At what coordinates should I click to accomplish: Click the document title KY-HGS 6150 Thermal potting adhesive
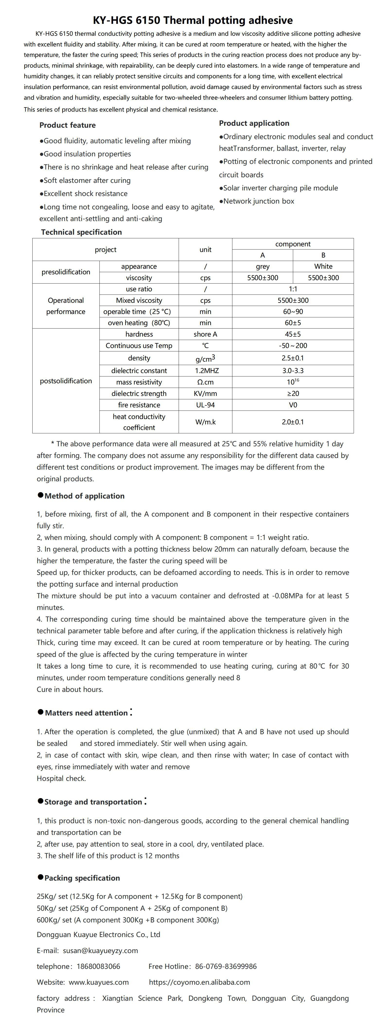click(193, 20)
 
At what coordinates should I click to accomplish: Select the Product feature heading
click(68, 125)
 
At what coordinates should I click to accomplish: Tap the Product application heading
click(254, 123)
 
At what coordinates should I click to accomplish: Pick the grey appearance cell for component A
click(263, 266)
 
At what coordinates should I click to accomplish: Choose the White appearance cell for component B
click(323, 266)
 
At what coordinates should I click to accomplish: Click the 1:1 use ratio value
click(293, 289)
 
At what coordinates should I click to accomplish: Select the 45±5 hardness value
click(293, 334)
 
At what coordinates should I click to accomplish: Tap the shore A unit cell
click(205, 334)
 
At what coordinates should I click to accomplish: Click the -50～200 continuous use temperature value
click(293, 346)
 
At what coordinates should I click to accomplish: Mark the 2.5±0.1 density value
click(293, 358)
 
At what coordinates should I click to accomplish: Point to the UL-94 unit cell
click(205, 405)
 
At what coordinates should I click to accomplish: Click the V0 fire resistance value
click(293, 405)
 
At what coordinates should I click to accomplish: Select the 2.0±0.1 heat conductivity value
click(293, 422)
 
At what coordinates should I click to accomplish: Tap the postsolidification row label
click(66, 381)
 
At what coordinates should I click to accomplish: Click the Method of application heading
click(84, 496)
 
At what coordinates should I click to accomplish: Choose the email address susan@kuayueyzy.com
click(100, 950)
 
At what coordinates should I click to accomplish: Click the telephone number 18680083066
click(98, 966)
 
